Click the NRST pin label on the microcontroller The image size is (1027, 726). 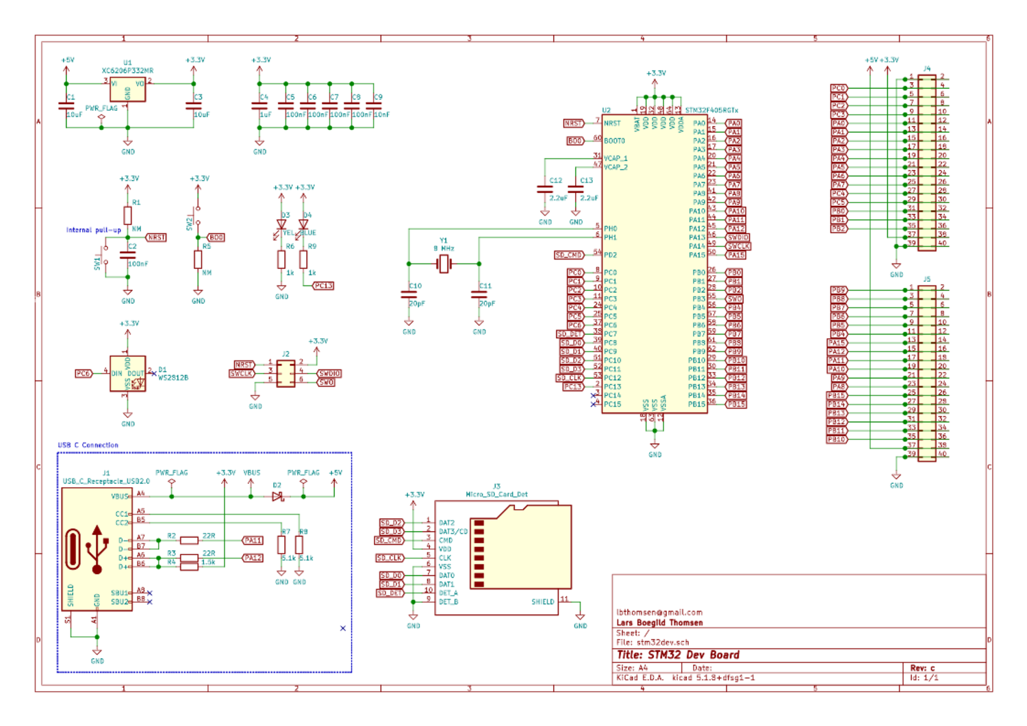point(612,124)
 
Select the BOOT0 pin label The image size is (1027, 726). point(614,141)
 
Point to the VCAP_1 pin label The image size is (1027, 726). point(616,159)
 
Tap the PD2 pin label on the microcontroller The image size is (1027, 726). point(610,255)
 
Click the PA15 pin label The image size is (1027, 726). point(696,255)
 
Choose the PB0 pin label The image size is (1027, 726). point(698,273)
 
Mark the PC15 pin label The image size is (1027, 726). point(612,404)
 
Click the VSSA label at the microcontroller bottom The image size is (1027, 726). point(663,402)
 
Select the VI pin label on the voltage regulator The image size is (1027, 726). point(114,84)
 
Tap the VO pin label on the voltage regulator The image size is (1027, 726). point(140,84)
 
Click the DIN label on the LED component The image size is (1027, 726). point(116,374)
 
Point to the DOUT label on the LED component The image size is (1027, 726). point(136,374)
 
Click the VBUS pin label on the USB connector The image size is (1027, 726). point(120,497)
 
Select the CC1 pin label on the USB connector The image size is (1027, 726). point(121,514)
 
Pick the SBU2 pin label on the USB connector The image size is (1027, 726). point(120,602)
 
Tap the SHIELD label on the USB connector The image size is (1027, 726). point(71,595)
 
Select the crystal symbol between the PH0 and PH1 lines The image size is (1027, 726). point(444,263)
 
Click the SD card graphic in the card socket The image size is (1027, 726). point(520,547)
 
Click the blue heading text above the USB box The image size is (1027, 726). point(88,445)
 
